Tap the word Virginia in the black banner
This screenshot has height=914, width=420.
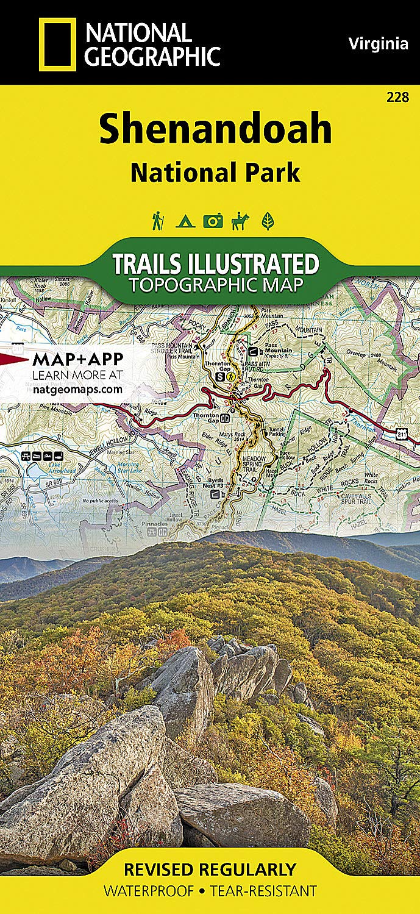click(378, 43)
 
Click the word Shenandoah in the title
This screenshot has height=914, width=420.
click(215, 129)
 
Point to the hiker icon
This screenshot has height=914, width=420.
click(158, 221)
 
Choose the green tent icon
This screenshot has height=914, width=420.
click(185, 221)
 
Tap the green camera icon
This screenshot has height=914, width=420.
click(213, 221)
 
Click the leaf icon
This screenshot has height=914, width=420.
click(267, 221)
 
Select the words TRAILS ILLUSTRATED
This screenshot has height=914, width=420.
click(215, 264)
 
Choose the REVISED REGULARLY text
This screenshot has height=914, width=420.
click(210, 869)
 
